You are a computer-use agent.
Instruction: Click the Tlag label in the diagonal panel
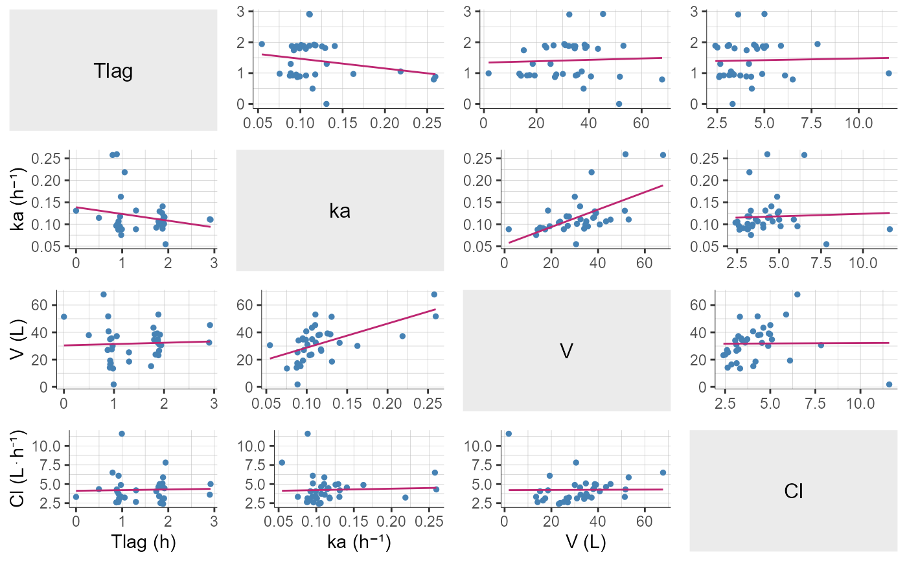click(113, 71)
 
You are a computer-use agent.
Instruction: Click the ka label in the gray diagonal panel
click(339, 211)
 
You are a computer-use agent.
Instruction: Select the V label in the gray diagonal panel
click(566, 350)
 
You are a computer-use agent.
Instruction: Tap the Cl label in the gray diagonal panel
click(793, 491)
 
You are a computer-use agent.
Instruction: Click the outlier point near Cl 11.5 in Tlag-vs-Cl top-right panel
click(889, 73)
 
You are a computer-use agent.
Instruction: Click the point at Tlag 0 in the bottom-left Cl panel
click(76, 497)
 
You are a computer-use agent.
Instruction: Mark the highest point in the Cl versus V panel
click(508, 433)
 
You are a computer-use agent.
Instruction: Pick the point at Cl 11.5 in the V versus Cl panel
click(889, 384)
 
